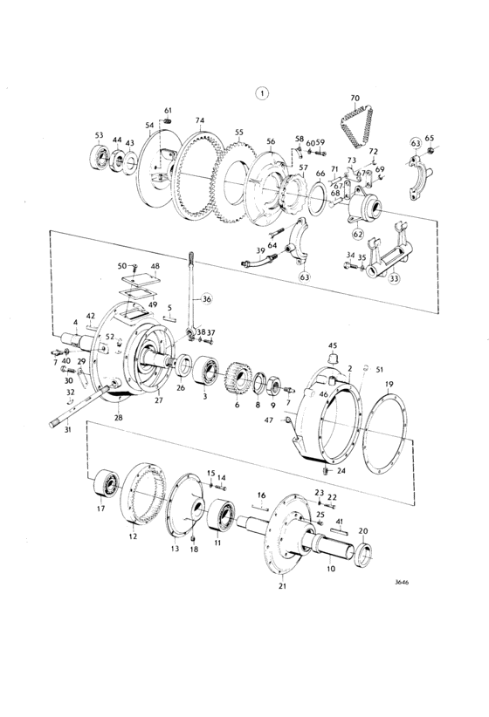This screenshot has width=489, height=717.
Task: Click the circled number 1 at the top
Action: pyautogui.click(x=262, y=93)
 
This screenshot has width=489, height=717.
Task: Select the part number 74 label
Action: pyautogui.click(x=200, y=120)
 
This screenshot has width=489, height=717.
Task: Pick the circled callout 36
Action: pyautogui.click(x=207, y=299)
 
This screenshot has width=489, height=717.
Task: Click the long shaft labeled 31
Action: pyautogui.click(x=80, y=406)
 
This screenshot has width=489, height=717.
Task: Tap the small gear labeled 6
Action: pyautogui.click(x=238, y=377)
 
